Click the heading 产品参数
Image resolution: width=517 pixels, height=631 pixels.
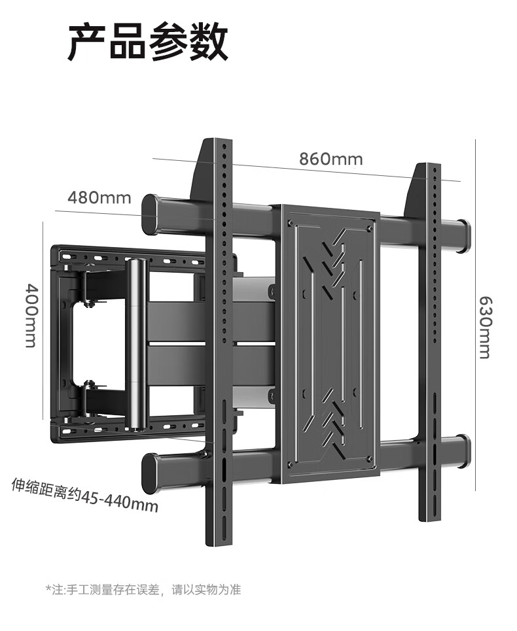point(148,41)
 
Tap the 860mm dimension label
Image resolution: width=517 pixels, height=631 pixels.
point(330,159)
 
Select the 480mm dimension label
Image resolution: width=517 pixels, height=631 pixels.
point(99,197)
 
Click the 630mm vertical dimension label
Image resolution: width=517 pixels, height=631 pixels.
point(484,327)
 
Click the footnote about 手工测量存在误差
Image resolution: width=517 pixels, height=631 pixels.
point(143,590)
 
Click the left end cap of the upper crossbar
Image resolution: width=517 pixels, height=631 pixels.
point(151,214)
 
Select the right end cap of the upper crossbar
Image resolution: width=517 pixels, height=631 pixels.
point(463,235)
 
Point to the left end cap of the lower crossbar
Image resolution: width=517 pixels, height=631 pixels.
point(151,473)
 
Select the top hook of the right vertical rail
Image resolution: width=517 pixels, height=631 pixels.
point(416,190)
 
